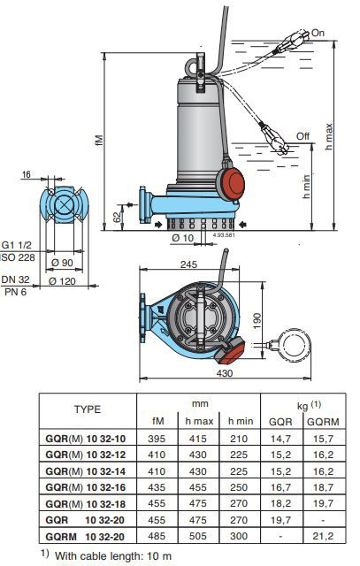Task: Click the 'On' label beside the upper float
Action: coord(318,33)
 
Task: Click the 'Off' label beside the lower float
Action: coord(303,136)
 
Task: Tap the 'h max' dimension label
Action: coord(328,137)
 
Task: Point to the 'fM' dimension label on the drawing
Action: coord(100,140)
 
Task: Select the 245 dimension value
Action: coord(189,264)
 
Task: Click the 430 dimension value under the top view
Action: coord(225,373)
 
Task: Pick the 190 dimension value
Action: coord(257,320)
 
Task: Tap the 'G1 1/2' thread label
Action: coord(17,245)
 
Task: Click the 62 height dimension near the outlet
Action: coord(118,217)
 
